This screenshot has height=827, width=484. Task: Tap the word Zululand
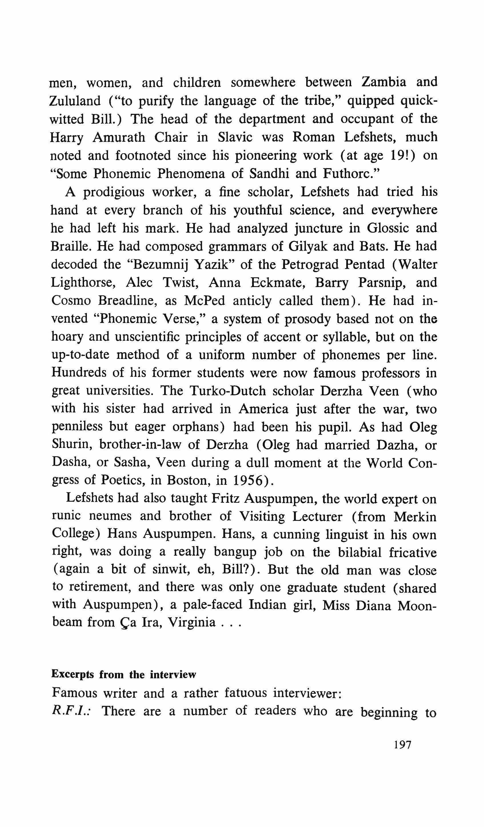(75, 100)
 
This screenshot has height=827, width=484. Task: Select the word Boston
(187, 481)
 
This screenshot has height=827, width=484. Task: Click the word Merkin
(415, 517)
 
